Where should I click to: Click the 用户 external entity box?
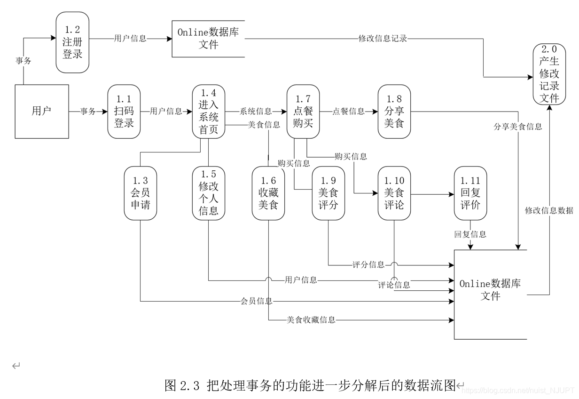click(42, 112)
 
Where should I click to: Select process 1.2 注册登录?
click(72, 42)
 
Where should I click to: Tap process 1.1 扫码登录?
click(124, 112)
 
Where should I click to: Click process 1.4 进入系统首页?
click(208, 112)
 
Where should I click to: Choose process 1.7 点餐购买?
click(303, 112)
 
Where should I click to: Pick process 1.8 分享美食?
click(394, 112)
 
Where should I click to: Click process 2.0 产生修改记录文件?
click(549, 74)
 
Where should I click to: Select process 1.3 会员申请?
click(140, 193)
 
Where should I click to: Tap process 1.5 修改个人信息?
click(208, 193)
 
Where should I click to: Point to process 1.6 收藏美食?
click(268, 193)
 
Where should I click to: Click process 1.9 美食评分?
click(328, 193)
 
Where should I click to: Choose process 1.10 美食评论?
click(394, 193)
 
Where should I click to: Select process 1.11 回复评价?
click(470, 193)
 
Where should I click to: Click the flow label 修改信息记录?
click(382, 39)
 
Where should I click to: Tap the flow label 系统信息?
click(256, 112)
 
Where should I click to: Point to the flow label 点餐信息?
click(348, 112)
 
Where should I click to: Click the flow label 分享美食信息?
click(517, 127)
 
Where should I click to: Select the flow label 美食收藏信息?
click(311, 320)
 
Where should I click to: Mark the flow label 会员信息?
click(257, 301)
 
